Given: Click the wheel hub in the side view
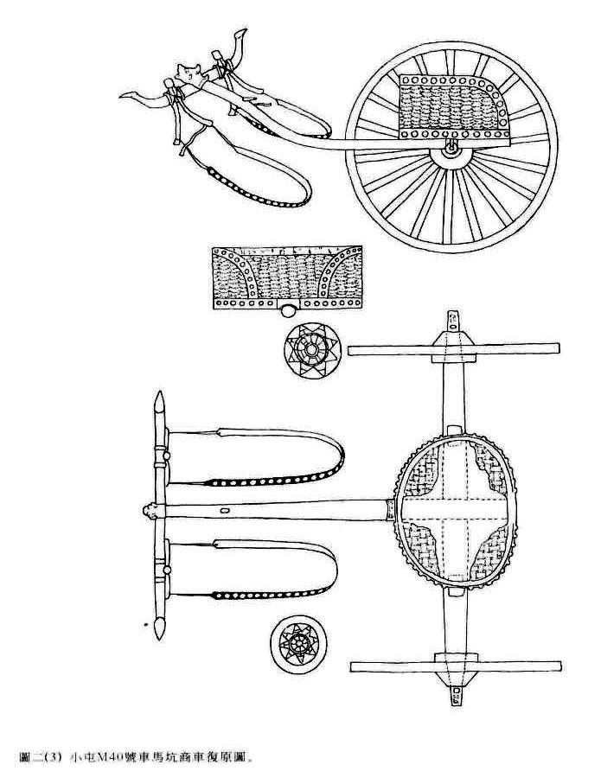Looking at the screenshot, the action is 450,150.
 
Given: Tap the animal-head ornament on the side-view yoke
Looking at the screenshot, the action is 186,76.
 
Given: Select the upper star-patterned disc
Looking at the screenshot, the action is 310,351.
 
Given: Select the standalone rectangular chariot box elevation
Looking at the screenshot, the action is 287,278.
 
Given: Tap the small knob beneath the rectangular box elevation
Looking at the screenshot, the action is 289,312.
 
